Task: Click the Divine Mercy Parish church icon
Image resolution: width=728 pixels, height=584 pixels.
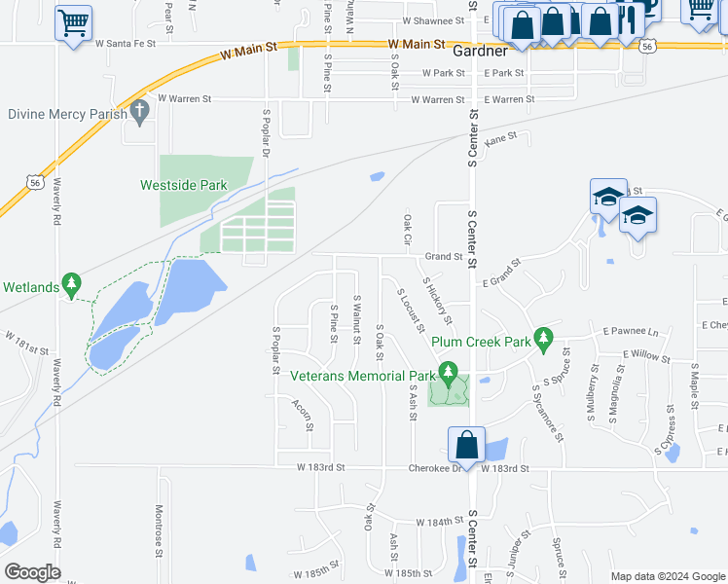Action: (x=139, y=112)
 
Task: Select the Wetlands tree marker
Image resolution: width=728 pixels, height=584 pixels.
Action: (x=70, y=284)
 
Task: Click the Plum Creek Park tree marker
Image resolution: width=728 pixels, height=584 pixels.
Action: (x=545, y=340)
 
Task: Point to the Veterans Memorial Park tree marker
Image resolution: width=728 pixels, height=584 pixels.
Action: (x=448, y=373)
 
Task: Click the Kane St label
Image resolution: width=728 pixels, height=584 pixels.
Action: (x=499, y=140)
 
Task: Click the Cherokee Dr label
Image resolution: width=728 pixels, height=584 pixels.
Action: (x=436, y=468)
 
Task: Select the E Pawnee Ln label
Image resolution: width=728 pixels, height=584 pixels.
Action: (x=631, y=332)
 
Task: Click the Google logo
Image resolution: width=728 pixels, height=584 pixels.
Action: (x=32, y=572)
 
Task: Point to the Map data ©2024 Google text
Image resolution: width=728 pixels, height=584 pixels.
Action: (x=667, y=575)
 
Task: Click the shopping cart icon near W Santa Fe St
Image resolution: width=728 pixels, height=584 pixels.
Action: (x=73, y=22)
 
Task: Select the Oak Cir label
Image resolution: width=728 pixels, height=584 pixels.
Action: (x=407, y=232)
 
